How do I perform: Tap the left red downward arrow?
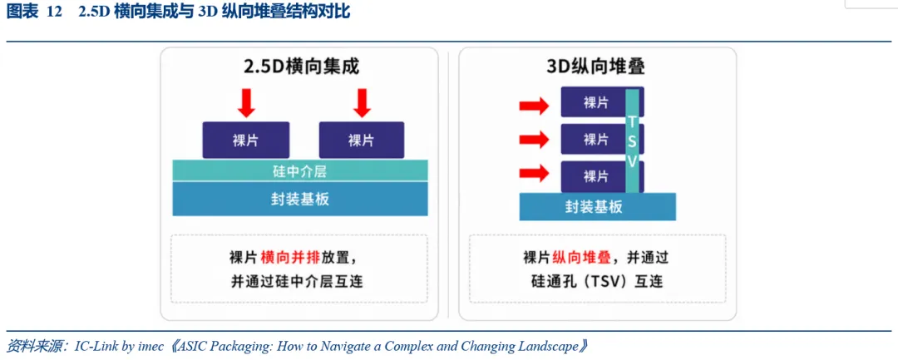tap(245, 102)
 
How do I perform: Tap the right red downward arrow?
tap(362, 102)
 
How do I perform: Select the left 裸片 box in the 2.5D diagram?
tap(245, 141)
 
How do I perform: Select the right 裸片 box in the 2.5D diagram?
tap(362, 141)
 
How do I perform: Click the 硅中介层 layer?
tap(300, 170)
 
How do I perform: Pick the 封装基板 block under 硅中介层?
tap(300, 199)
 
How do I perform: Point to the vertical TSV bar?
tap(632, 141)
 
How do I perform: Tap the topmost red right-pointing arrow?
tap(535, 106)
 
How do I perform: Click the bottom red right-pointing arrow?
tap(535, 175)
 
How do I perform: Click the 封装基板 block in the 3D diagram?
tap(597, 207)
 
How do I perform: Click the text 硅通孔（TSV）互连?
tap(598, 282)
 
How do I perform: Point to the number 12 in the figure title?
tap(54, 12)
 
